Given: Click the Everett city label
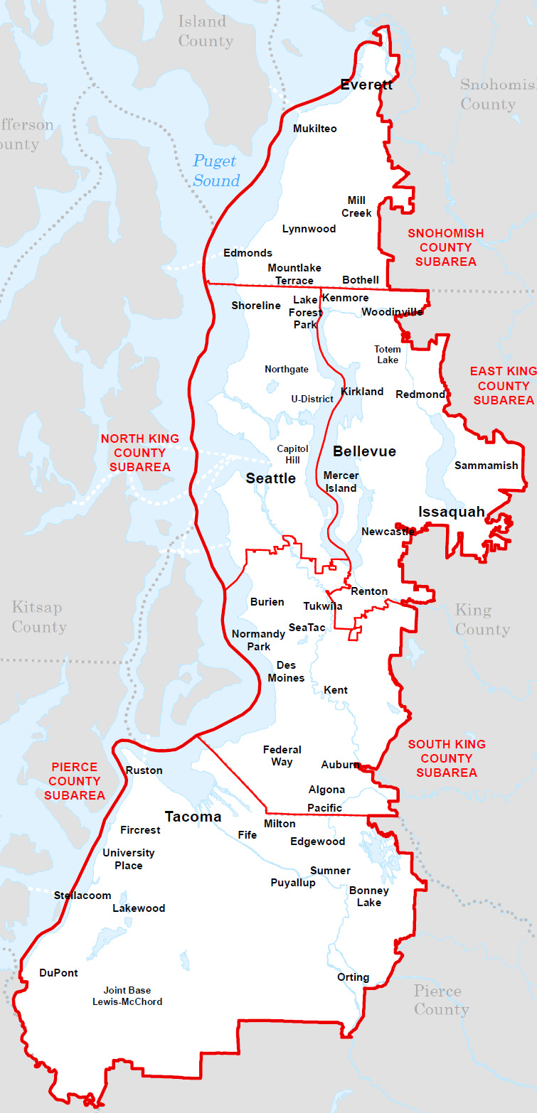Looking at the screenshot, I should pos(366,85).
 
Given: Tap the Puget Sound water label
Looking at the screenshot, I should pos(216,171).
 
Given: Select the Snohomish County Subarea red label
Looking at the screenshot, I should pos(445,247).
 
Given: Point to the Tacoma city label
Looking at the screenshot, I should pos(193,817).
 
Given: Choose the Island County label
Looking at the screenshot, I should pos(206,31).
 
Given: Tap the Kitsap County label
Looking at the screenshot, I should pos(38,617).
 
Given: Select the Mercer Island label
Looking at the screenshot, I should pos(341,482).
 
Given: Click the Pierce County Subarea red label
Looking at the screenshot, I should pos(74,781).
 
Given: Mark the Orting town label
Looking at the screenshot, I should pos(353,977).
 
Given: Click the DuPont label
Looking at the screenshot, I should pos(58,973).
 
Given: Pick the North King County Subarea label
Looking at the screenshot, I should pos(139,453).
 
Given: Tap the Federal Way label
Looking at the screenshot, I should pos(282,756).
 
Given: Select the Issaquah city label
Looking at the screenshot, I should pos(452,512).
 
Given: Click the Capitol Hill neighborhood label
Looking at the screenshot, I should pos(292,454).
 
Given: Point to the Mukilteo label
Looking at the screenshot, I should pos(314,129).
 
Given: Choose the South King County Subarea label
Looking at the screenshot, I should pos(446,758).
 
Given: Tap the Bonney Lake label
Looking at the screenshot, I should pos(368,896).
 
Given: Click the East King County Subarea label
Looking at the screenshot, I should pos(503,386).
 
